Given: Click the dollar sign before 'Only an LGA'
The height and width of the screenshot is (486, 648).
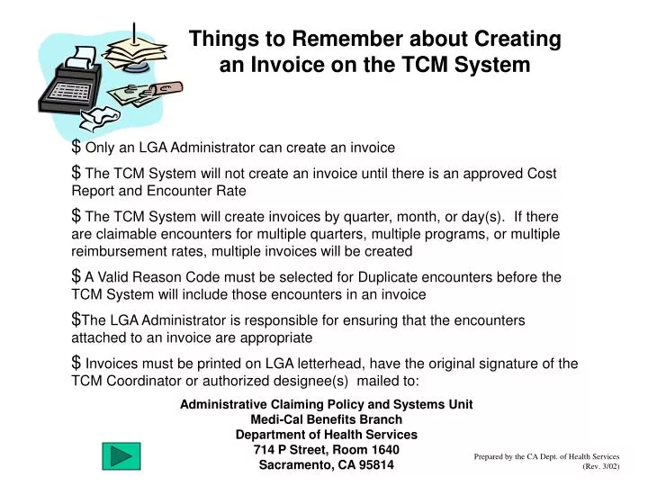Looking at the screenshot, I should (x=76, y=146).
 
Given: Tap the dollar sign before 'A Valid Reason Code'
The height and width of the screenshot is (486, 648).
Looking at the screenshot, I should (x=76, y=276).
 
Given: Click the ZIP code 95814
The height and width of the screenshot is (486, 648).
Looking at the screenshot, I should (x=373, y=465).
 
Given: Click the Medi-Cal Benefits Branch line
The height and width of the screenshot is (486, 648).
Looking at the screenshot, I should (x=326, y=419).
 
